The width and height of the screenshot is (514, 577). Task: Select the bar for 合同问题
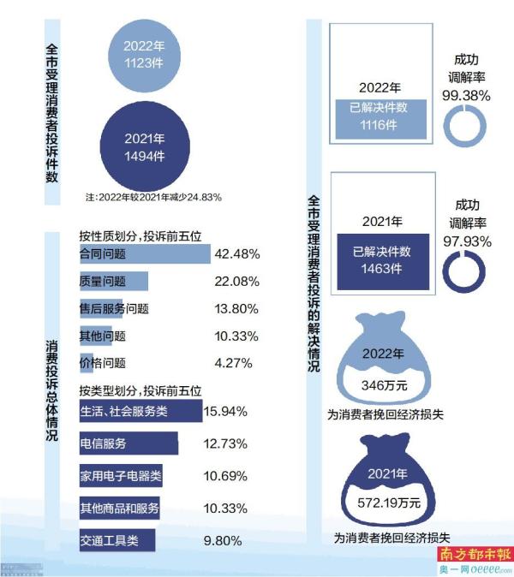tap(144, 254)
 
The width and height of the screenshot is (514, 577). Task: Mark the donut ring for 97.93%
tap(466, 273)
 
